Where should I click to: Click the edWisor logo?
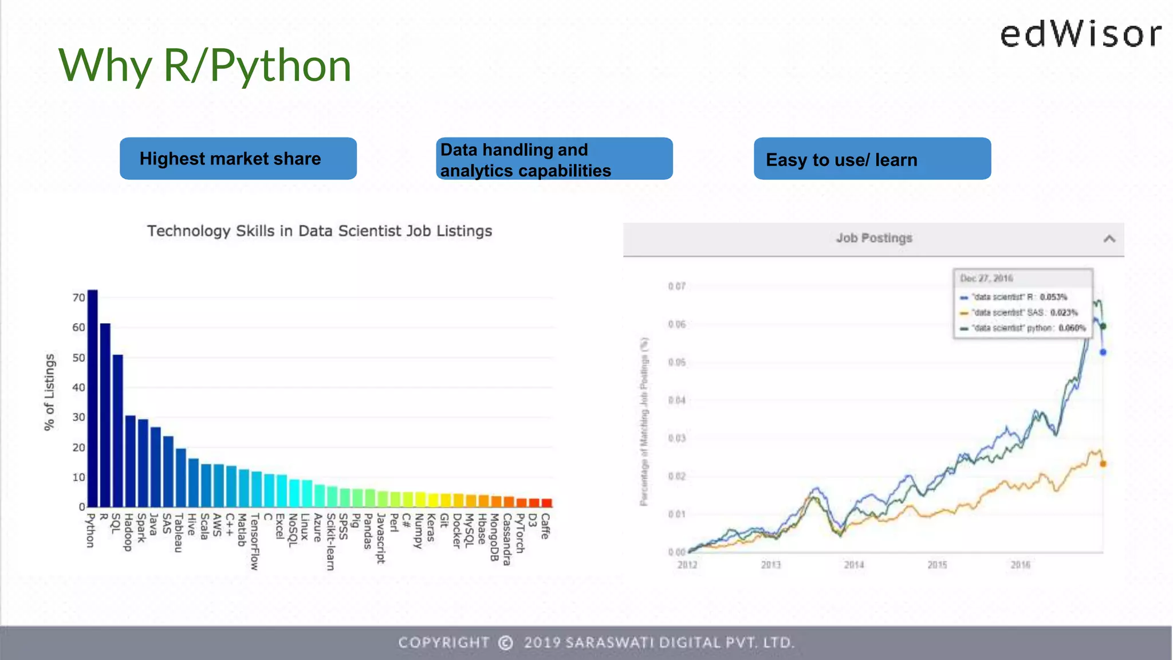[1081, 34]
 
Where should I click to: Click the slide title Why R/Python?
[204, 65]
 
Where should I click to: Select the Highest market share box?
[238, 159]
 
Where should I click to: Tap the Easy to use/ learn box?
[872, 159]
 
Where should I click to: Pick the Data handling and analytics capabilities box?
[554, 159]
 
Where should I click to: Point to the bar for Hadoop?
[130, 461]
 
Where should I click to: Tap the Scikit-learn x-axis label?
[330, 541]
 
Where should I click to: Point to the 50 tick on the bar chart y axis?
[78, 358]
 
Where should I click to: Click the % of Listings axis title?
[50, 392]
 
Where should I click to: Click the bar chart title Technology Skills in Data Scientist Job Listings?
[320, 231]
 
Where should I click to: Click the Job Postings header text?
[873, 238]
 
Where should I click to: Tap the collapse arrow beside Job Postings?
[1109, 239]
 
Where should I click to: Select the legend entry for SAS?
[1020, 313]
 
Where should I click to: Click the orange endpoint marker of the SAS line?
[1103, 464]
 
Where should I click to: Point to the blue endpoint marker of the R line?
[1103, 352]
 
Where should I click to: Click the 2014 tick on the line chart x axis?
[854, 565]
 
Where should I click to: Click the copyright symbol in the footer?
[505, 643]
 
